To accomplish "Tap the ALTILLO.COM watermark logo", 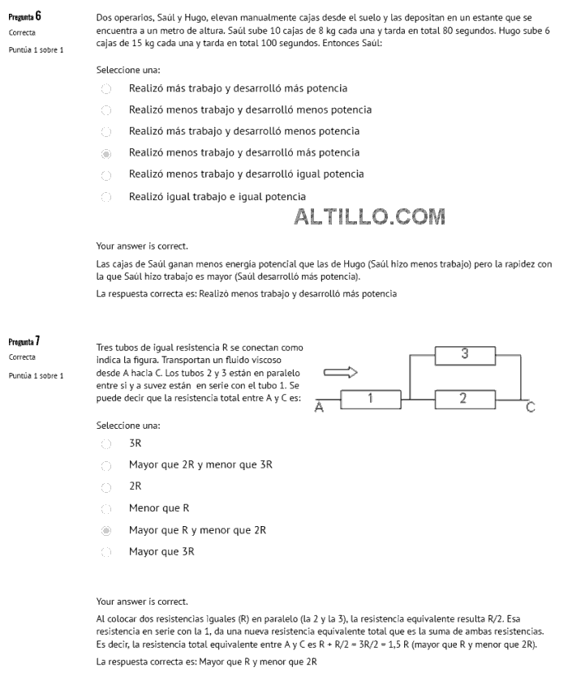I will point(370,217).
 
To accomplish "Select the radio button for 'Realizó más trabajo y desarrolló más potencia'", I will point(106,88).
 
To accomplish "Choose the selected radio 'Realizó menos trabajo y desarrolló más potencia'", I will point(106,153).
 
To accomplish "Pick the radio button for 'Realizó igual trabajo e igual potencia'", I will point(106,197).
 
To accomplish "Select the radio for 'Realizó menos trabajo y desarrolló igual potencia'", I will point(106,175).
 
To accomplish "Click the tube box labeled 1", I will point(369,399).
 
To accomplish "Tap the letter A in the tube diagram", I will point(319,409).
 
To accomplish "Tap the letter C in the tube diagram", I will point(530,408).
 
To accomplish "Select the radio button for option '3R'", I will point(106,443).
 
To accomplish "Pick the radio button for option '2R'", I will point(106,487).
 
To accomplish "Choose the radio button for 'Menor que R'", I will point(106,509).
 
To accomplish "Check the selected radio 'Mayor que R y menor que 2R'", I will point(106,531).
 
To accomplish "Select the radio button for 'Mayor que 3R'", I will point(106,553).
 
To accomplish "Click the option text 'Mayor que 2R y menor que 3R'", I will point(200,465).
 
